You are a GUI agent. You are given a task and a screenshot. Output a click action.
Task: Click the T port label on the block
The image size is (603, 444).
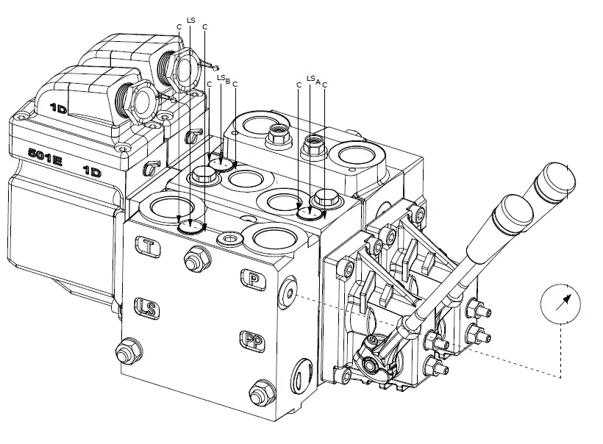tap(150, 248)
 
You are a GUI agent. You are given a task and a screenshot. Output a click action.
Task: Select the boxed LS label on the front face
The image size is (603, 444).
tap(147, 307)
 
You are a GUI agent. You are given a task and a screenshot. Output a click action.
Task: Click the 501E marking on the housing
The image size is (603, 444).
tap(44, 156)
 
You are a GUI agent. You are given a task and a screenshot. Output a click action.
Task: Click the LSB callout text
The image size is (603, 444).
tap(224, 79)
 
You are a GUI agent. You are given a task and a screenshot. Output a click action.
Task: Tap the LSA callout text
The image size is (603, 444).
tap(313, 79)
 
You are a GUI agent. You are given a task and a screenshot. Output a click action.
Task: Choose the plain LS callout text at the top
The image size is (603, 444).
tap(191, 20)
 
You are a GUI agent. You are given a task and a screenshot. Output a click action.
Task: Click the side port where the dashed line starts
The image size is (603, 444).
tap(289, 293)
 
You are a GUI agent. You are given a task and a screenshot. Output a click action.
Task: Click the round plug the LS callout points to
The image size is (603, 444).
tap(191, 224)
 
